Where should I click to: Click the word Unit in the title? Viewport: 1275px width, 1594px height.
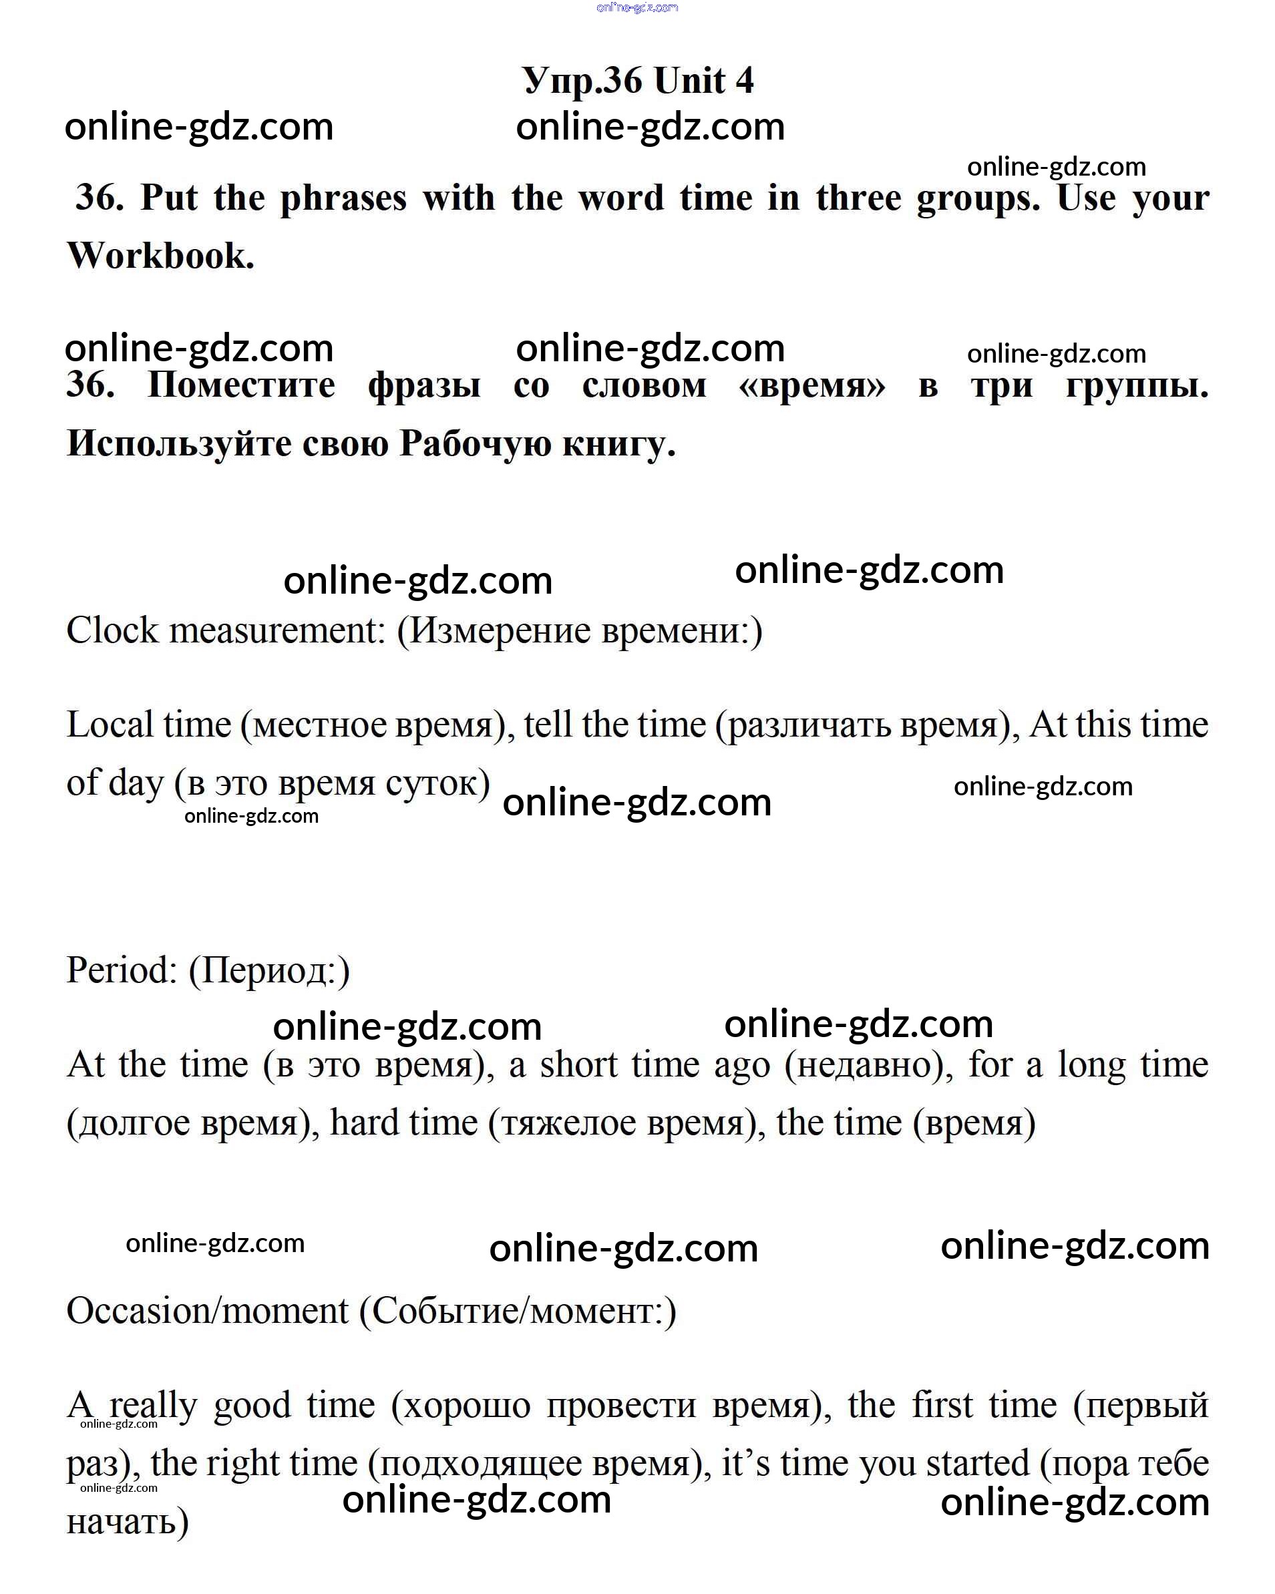pyautogui.click(x=689, y=80)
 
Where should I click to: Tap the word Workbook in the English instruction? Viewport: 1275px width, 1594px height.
pyautogui.click(x=160, y=256)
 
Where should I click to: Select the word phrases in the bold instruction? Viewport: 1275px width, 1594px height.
pyautogui.click(x=343, y=198)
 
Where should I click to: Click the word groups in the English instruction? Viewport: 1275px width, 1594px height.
pyautogui.click(x=978, y=198)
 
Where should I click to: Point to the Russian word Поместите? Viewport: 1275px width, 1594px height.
pyautogui.click(x=241, y=385)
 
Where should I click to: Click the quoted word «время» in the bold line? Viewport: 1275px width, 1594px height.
pyautogui.click(x=812, y=385)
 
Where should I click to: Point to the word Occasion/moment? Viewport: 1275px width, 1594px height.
pyautogui.click(x=207, y=1311)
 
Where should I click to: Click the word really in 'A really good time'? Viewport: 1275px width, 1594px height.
pyautogui.click(x=153, y=1405)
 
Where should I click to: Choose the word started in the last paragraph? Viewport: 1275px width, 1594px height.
pyautogui.click(x=977, y=1463)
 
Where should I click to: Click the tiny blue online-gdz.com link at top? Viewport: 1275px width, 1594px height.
pyautogui.click(x=636, y=7)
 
